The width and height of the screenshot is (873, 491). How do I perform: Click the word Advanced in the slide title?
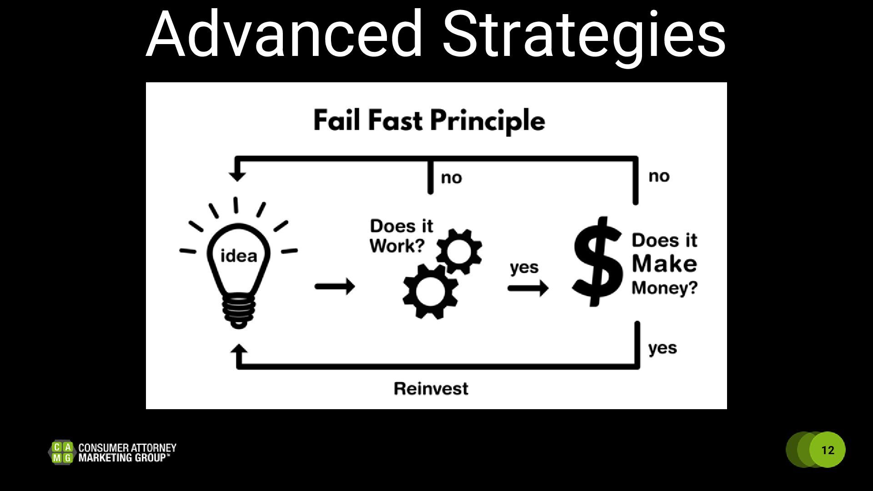coord(284,34)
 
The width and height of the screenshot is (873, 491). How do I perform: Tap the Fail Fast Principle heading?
coord(429,120)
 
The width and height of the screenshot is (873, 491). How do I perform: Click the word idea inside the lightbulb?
coord(239,256)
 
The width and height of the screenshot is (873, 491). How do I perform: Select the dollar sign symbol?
coord(597,262)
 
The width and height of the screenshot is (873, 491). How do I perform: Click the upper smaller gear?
coord(459,251)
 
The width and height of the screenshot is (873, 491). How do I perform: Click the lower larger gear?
coord(430,291)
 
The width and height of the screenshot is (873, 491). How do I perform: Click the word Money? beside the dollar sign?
coord(664,288)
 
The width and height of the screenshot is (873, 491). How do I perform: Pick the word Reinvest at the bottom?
coord(431,389)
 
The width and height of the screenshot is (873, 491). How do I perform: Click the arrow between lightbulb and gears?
coord(335,286)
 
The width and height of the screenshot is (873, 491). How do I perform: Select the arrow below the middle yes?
coord(528,288)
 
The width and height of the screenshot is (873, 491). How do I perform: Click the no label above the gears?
coord(451,178)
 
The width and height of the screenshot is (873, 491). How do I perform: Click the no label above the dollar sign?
coord(659,176)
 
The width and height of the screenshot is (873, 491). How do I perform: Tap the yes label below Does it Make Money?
coord(662,348)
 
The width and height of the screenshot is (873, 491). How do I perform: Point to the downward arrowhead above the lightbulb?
coord(237,175)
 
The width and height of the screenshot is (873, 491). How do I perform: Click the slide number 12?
coord(828,450)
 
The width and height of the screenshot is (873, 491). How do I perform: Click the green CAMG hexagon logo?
coord(62,452)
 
